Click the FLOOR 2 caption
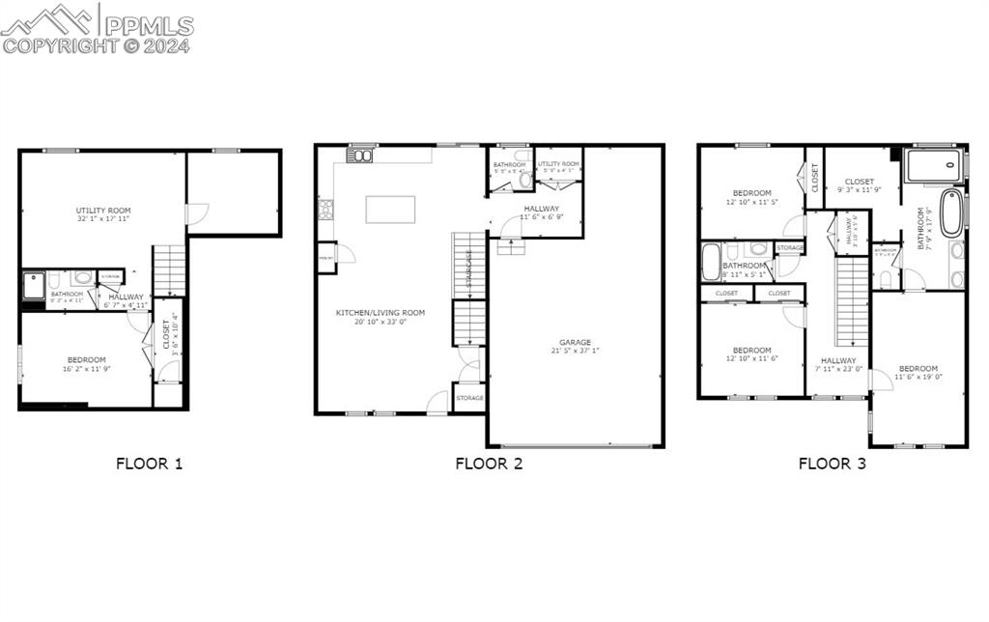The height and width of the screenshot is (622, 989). tap(489, 464)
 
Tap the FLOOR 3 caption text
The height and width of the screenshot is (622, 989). tap(832, 464)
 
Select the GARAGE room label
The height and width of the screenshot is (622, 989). tap(575, 342)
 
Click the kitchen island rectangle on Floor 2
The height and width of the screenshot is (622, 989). tap(390, 210)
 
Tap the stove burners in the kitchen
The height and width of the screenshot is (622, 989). tap(325, 209)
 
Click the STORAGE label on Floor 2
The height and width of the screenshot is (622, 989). tap(469, 398)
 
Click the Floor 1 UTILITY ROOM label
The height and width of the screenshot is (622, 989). tap(103, 211)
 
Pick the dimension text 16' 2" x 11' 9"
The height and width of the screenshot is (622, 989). tap(87, 369)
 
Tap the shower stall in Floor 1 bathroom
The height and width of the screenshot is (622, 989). tap(34, 286)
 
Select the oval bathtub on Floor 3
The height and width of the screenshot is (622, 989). tap(951, 213)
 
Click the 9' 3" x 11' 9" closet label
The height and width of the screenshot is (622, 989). tap(859, 191)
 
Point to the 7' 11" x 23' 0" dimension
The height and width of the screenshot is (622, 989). tap(837, 369)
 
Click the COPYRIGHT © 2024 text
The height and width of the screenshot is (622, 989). tap(97, 45)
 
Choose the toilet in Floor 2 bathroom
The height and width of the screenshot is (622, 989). tap(526, 179)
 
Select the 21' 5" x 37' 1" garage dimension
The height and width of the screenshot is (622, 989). tap(575, 352)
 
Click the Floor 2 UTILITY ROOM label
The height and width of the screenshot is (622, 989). tap(558, 164)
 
